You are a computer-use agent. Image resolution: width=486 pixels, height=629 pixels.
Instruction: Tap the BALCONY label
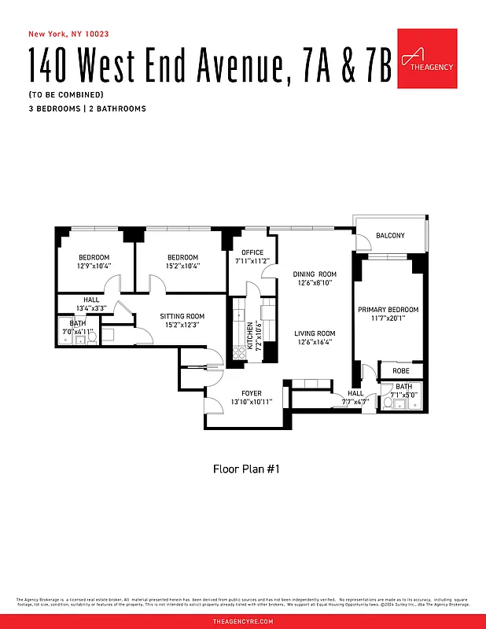point(390,236)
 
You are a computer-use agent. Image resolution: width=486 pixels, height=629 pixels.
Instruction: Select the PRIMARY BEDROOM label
point(388,310)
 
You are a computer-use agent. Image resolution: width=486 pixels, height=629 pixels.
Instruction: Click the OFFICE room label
point(252,252)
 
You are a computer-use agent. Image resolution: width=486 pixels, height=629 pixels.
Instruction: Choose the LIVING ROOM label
point(315,333)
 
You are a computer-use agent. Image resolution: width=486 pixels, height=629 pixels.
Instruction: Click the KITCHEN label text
point(250,336)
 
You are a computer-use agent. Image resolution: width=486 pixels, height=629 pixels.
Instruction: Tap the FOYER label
point(252,393)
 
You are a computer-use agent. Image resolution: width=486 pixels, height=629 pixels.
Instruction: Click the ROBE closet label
point(400,370)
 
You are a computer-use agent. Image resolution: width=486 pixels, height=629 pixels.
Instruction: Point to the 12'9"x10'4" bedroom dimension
point(94,266)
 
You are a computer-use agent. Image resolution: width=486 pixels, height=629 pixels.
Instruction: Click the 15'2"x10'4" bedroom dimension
point(182,266)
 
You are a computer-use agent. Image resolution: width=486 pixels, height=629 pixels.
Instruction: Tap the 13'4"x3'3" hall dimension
point(92,308)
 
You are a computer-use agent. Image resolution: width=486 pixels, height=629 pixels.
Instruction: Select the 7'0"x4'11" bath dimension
point(78,333)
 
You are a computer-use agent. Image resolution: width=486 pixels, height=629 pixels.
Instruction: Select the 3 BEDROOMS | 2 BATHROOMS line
point(87,109)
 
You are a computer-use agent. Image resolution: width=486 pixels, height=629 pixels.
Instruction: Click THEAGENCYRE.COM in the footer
point(243,621)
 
